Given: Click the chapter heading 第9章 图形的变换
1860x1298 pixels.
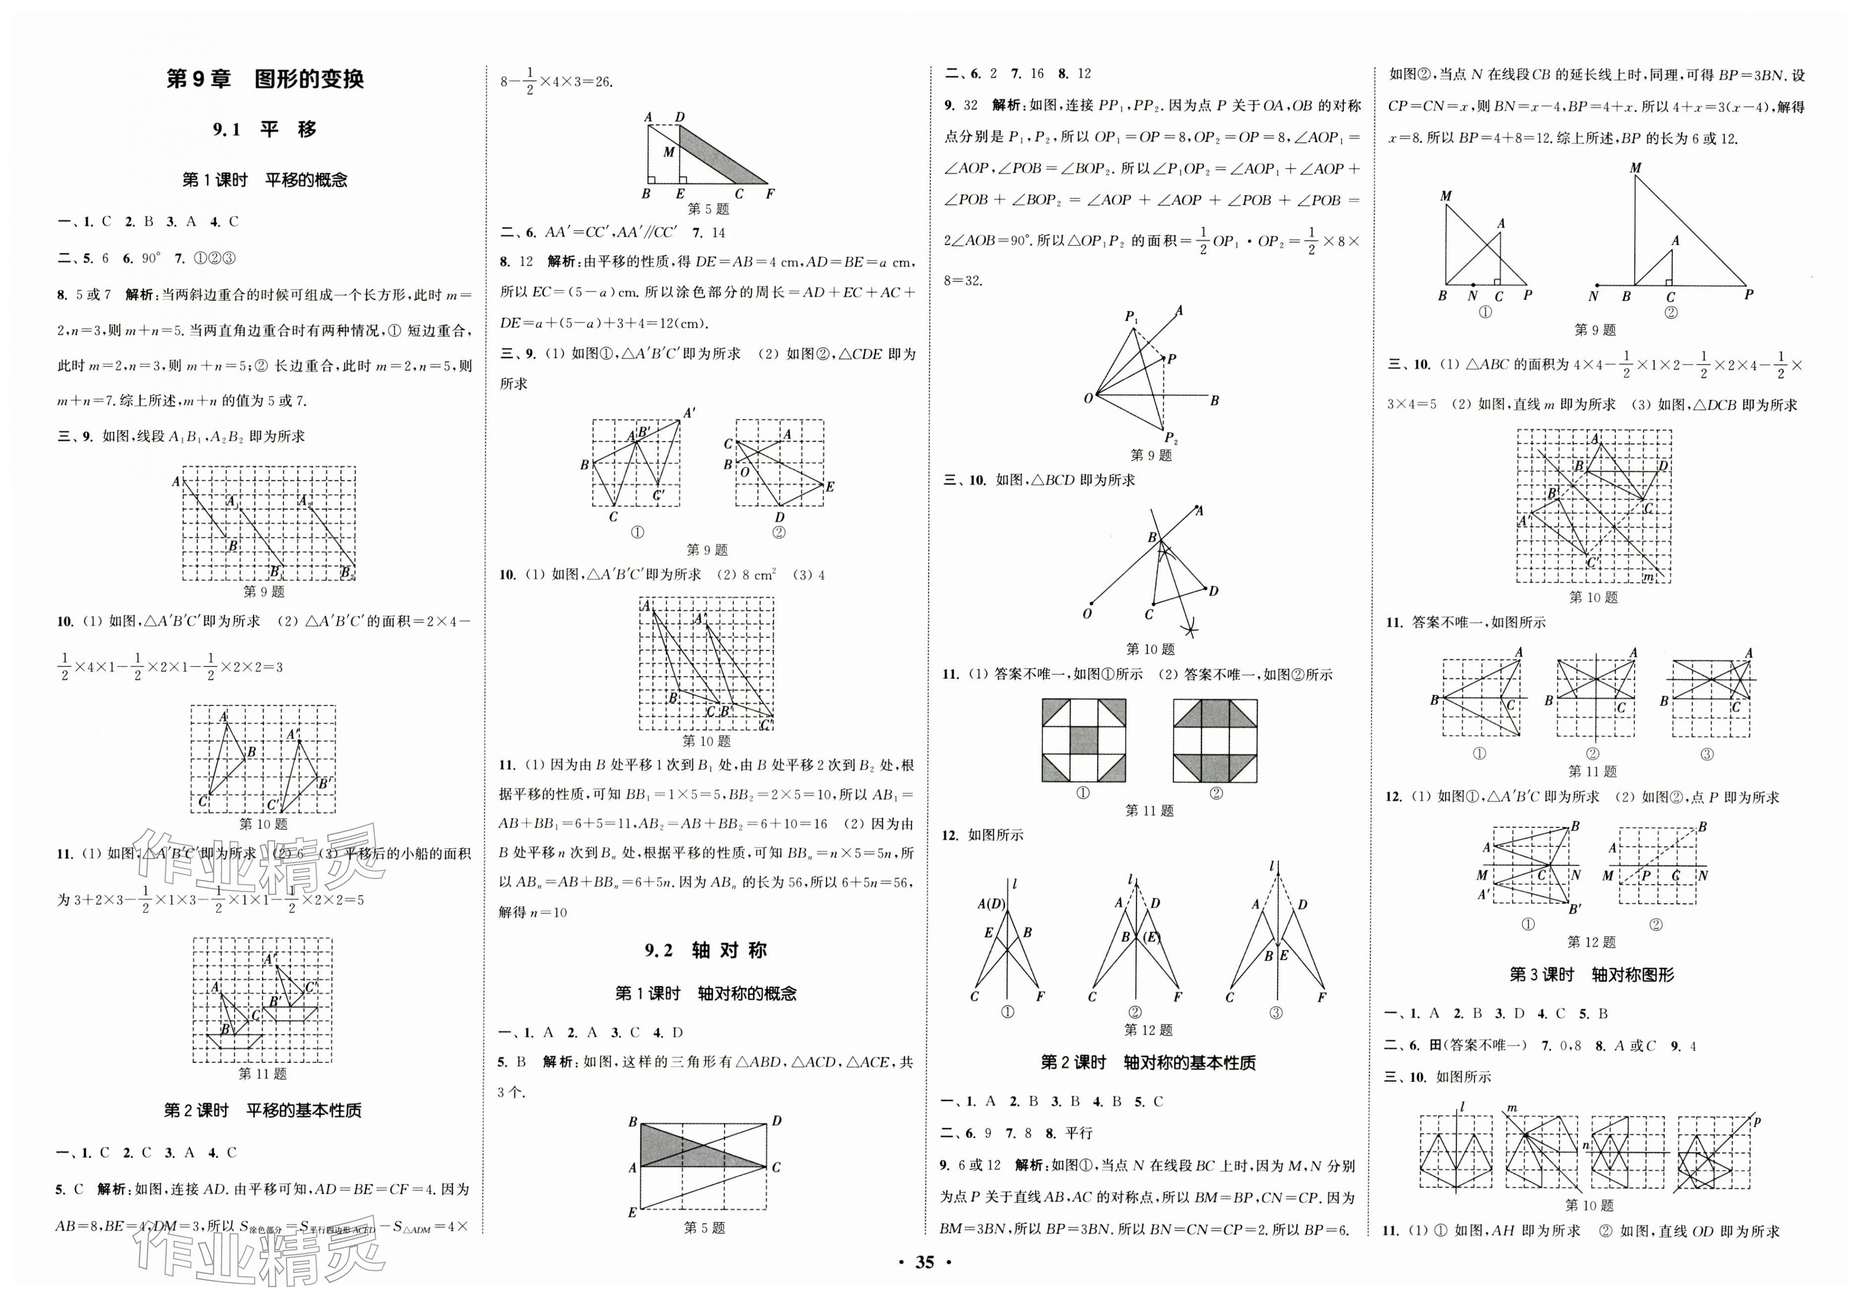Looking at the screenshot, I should point(264,79).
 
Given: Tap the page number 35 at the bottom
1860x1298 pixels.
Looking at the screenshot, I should point(925,1261).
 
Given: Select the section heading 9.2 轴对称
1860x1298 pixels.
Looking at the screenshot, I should point(705,950).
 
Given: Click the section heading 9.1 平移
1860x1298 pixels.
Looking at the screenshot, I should point(264,129).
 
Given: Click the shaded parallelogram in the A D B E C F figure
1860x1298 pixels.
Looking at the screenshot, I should point(721,156).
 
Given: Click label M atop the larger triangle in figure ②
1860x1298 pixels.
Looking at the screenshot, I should point(1635,169).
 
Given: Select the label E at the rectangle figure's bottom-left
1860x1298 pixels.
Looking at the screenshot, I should point(632,1213).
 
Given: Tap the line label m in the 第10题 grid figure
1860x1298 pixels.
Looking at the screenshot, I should point(1647,577).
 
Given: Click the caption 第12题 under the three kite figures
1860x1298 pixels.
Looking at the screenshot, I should point(1148,1030).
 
